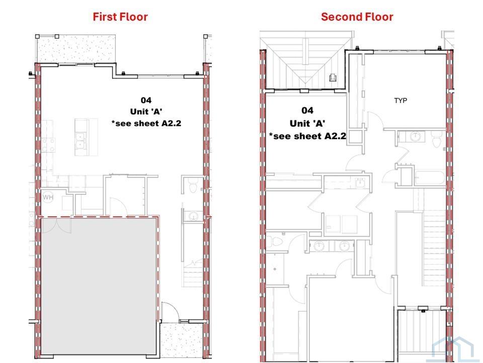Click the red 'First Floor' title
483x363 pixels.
point(120,17)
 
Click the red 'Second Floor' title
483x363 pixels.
point(357,17)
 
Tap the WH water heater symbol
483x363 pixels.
point(48,197)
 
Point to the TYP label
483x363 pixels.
point(400,100)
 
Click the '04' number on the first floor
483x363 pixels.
point(146,100)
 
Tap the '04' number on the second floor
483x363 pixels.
point(307,110)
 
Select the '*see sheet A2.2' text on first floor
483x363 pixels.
point(146,124)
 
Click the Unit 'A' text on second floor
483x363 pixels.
point(307,123)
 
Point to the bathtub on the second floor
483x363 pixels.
point(430,177)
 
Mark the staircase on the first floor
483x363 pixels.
point(193,273)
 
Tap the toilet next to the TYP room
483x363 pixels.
point(437,140)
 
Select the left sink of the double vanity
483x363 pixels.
point(319,246)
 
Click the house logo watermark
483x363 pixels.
point(453,349)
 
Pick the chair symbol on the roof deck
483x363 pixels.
point(333,77)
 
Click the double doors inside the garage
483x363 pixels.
point(56,226)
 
